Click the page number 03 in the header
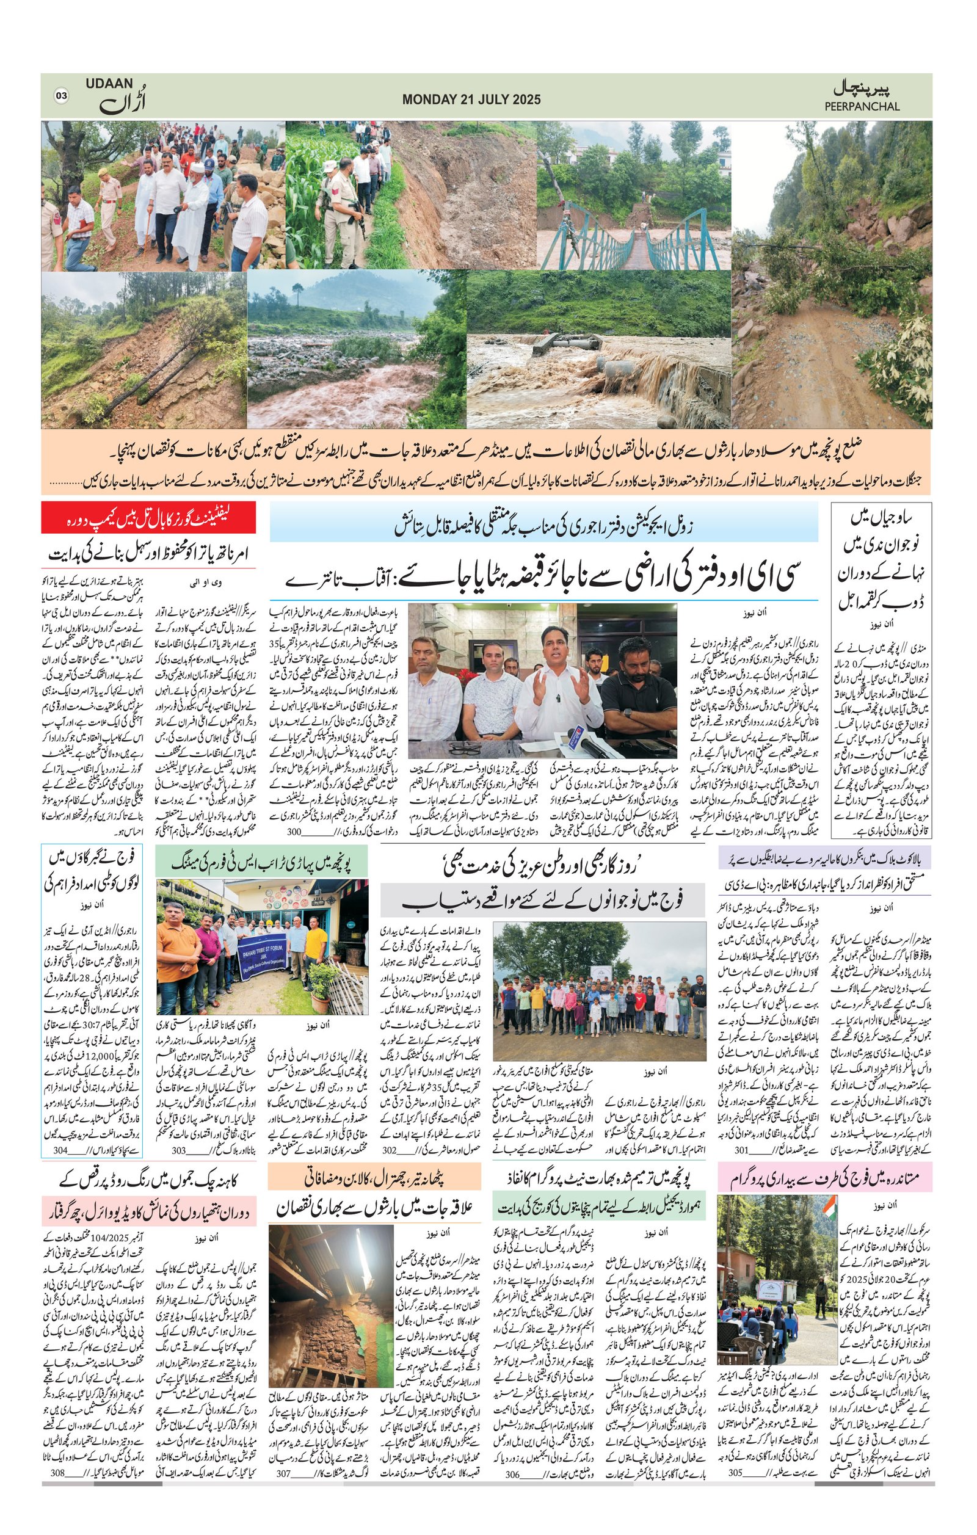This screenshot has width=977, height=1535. [x=61, y=96]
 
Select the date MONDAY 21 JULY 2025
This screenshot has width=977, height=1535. [x=471, y=100]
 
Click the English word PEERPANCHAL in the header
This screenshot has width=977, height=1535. [x=862, y=106]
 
